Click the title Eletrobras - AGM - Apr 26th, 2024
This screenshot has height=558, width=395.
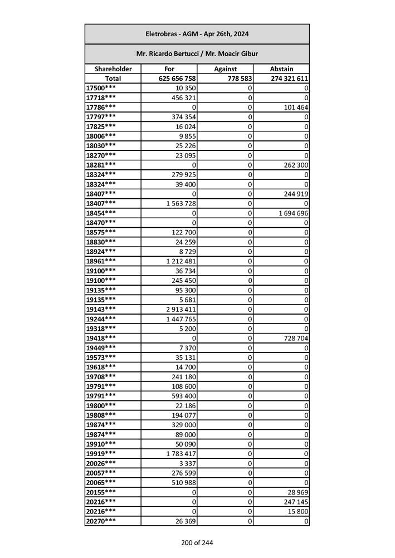tap(197, 34)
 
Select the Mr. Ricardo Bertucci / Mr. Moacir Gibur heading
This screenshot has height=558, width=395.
tap(197, 54)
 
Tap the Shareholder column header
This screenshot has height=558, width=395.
tap(113, 69)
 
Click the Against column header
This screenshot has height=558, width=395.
tap(225, 69)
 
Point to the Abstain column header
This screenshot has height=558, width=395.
tap(281, 69)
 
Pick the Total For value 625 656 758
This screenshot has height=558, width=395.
tap(177, 79)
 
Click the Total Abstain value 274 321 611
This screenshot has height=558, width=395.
tap(290, 79)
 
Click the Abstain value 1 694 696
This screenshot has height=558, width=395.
tap(292, 213)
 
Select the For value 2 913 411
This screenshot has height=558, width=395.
tap(181, 309)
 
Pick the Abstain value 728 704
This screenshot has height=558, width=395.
tap(295, 338)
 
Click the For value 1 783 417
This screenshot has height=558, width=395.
tap(181, 454)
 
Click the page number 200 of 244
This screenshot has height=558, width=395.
tap(197, 543)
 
